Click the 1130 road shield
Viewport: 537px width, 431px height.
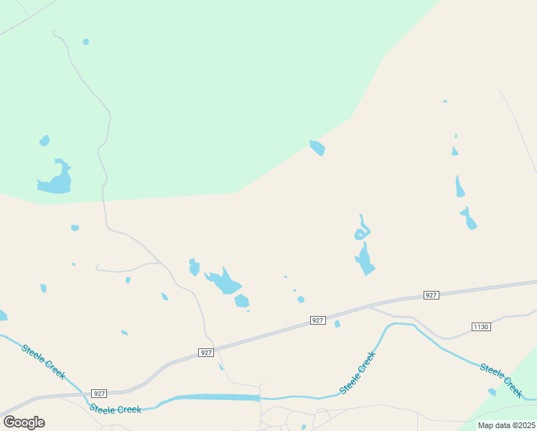click(481, 327)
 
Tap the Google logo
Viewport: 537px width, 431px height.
click(24, 422)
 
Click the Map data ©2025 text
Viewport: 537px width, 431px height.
click(506, 425)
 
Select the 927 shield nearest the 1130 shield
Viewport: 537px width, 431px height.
click(431, 295)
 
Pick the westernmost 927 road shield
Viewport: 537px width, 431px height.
click(100, 394)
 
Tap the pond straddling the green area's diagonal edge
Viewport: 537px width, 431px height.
click(317, 148)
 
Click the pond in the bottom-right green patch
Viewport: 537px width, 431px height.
click(492, 391)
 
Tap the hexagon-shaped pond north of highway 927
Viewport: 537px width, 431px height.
click(241, 301)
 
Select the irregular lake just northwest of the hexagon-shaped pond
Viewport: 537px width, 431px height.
click(224, 281)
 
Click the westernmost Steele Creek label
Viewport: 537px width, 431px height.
click(44, 362)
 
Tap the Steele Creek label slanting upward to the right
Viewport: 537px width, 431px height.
click(358, 372)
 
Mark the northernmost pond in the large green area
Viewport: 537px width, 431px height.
click(86, 42)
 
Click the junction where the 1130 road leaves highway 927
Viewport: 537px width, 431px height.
click(370, 307)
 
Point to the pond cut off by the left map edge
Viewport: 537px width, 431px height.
click(3, 315)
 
